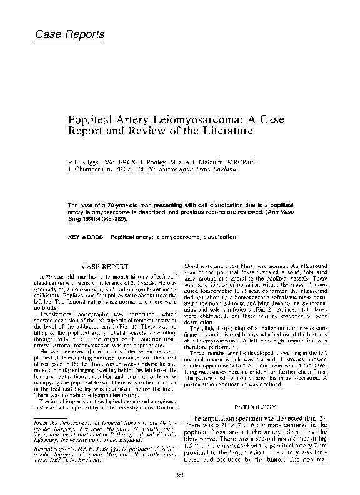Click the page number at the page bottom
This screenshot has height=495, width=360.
tap(180, 476)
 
